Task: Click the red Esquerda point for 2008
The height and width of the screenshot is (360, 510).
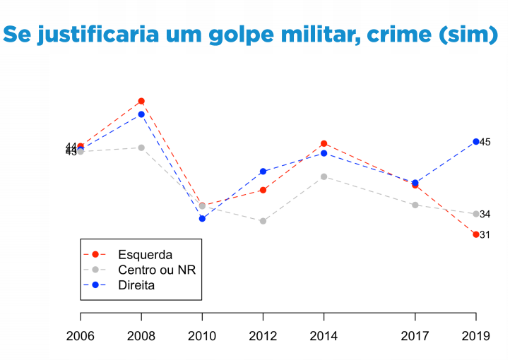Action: tap(141, 101)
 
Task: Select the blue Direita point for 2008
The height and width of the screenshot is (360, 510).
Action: tap(141, 114)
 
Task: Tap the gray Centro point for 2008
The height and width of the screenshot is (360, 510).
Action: tap(141, 148)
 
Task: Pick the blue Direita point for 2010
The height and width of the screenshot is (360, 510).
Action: tap(202, 219)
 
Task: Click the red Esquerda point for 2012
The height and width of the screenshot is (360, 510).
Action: tap(263, 190)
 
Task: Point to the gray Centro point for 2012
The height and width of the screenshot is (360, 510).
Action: tap(263, 221)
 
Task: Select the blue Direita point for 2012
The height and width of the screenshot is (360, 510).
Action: tap(263, 172)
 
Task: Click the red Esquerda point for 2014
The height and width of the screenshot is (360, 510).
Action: tap(324, 144)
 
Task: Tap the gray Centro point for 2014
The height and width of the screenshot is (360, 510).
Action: tap(324, 176)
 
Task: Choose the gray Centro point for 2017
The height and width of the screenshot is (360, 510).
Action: tap(415, 205)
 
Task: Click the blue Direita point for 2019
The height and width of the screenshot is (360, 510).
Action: tap(475, 142)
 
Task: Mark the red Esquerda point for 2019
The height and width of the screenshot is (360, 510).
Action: tap(475, 234)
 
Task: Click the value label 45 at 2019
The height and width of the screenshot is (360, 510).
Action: tap(485, 143)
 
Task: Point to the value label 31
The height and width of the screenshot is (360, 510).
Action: tap(485, 235)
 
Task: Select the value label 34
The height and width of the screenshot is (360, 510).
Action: tap(485, 215)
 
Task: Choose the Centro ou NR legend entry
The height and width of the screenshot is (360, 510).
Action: tap(156, 270)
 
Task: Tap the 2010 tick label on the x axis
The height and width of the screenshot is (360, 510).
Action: tap(202, 336)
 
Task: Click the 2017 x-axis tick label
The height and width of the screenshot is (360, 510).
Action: tap(415, 336)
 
